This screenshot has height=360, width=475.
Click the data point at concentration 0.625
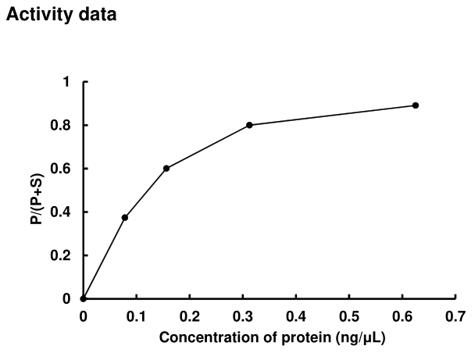416,105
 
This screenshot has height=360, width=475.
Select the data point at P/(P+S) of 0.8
249,125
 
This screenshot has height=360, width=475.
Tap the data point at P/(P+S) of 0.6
166,168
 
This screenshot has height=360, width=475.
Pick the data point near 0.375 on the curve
125,217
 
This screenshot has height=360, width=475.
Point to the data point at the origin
84,298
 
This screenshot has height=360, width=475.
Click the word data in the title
98,16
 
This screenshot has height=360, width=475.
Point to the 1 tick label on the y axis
67,82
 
